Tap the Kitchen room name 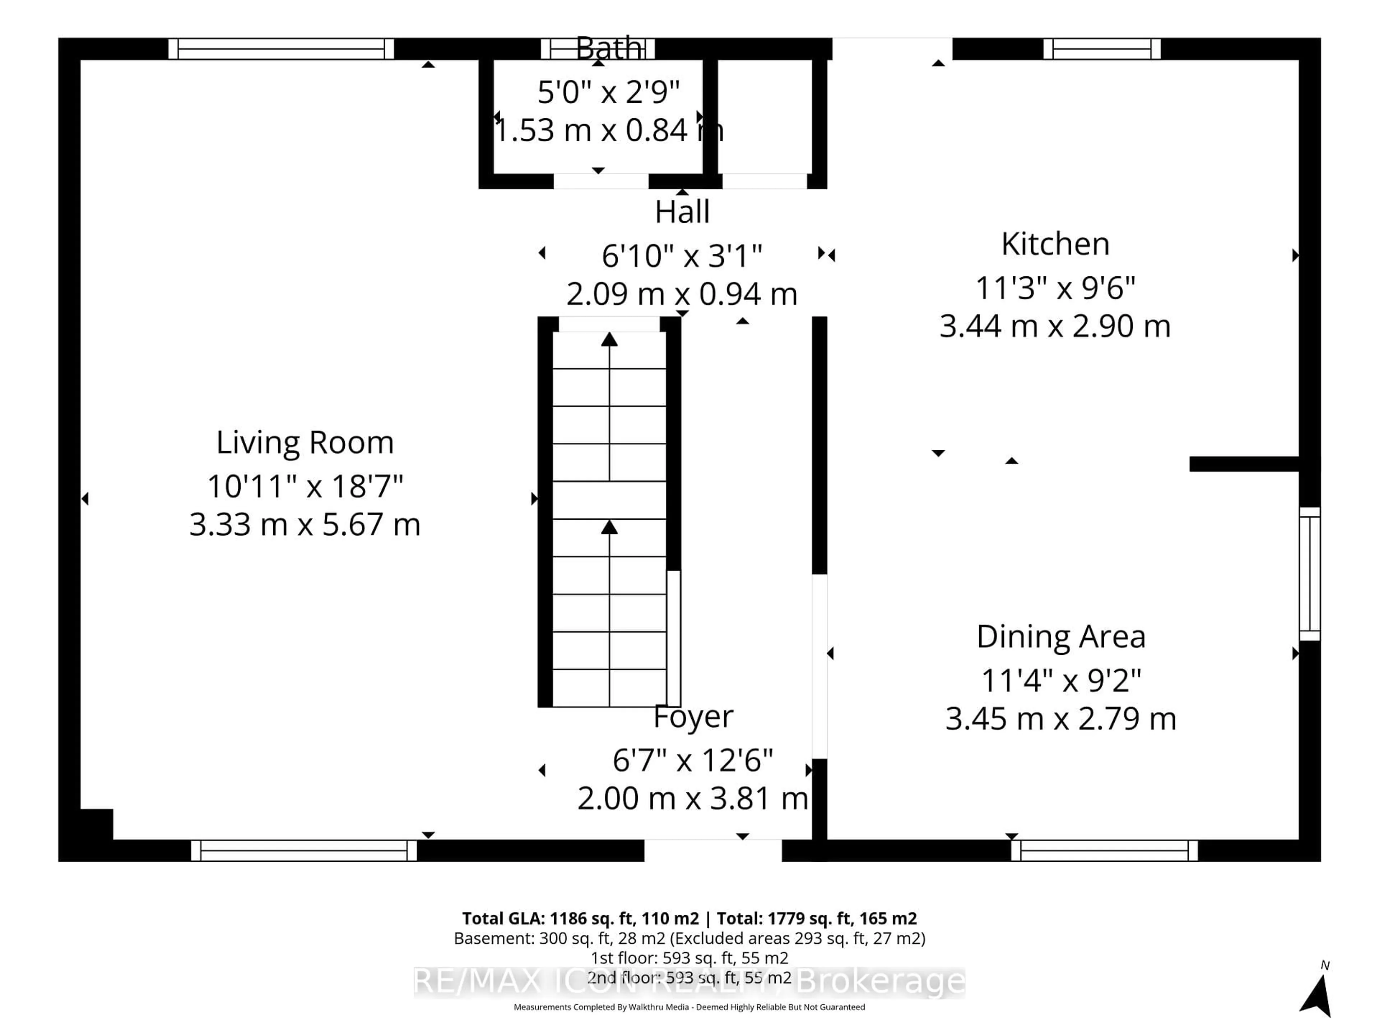[x=1055, y=244]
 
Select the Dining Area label [x=1060, y=636]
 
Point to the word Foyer [x=693, y=716]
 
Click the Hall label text [x=682, y=212]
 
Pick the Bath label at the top [x=608, y=48]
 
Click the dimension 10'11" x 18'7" [x=305, y=486]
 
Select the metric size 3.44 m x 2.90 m [x=1055, y=326]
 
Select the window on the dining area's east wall [x=1309, y=573]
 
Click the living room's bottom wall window [x=303, y=850]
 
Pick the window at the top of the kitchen [x=1101, y=49]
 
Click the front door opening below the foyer [x=712, y=850]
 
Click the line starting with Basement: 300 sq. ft [x=689, y=938]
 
